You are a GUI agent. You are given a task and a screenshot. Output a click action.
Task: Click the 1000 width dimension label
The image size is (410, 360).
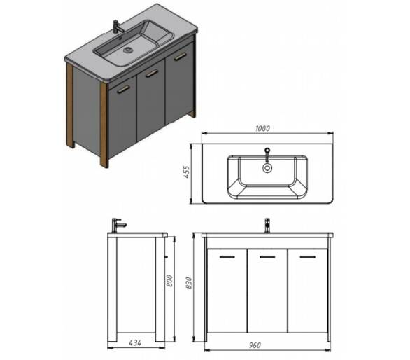[262, 128]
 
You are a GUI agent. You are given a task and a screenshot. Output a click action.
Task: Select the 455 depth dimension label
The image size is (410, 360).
[187, 172]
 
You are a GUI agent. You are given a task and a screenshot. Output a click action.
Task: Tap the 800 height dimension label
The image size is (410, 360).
[169, 281]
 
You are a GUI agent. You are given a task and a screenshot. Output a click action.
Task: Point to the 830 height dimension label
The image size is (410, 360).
[188, 283]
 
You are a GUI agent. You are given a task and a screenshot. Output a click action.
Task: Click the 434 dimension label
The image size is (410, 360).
[135, 342]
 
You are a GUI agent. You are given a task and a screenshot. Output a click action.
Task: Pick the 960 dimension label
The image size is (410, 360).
[255, 345]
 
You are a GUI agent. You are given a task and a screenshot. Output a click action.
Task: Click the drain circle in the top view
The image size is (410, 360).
[267, 168]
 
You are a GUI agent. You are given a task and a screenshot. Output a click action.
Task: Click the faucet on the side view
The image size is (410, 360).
[118, 225]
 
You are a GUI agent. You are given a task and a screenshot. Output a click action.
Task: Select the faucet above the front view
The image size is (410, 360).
[267, 226]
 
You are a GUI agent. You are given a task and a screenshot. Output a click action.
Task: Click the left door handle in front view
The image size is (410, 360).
[227, 257]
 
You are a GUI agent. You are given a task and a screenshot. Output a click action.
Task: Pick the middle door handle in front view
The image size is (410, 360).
[267, 257]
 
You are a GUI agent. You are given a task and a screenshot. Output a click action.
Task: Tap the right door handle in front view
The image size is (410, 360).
[308, 257]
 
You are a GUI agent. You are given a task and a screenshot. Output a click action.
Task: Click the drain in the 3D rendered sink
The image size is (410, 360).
[128, 49]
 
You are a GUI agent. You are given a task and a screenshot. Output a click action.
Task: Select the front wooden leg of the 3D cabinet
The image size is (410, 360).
[104, 125]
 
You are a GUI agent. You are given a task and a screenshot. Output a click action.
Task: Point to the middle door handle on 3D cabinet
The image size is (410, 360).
[152, 74]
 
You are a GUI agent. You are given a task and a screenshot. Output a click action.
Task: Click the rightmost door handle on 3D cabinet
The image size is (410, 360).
[180, 57]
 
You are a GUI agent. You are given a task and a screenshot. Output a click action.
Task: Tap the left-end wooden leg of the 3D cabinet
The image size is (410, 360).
[70, 105]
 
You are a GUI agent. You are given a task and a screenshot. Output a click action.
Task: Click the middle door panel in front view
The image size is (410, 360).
[267, 291]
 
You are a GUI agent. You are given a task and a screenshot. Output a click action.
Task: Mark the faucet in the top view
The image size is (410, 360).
[267, 155]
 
